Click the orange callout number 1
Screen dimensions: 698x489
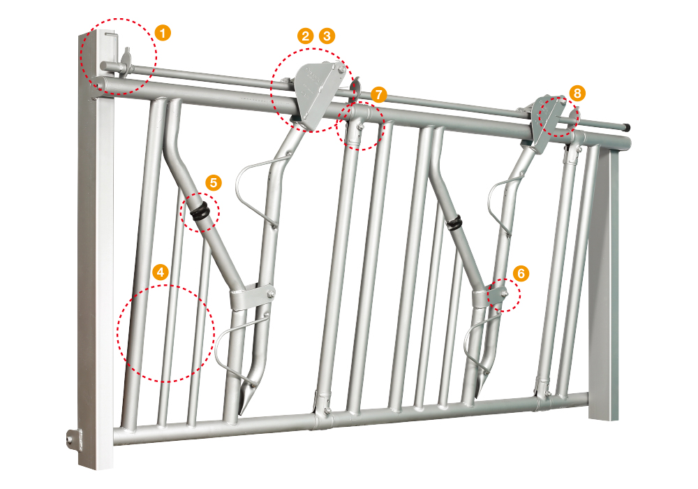click(x=163, y=34)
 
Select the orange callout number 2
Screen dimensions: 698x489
click(x=306, y=36)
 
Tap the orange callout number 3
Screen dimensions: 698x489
click(x=327, y=36)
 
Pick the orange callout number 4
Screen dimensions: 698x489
click(x=161, y=272)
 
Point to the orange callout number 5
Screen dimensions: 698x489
click(x=213, y=182)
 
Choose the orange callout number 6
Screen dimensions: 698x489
click(x=521, y=273)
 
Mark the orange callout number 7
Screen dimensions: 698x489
click(x=378, y=94)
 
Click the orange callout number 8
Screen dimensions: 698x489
click(x=577, y=93)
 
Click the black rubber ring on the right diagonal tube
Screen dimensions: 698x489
click(x=454, y=223)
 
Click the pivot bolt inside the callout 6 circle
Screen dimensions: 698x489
click(x=505, y=293)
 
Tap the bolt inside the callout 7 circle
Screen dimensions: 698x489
click(x=360, y=128)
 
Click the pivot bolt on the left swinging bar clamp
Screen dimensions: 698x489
click(x=270, y=294)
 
